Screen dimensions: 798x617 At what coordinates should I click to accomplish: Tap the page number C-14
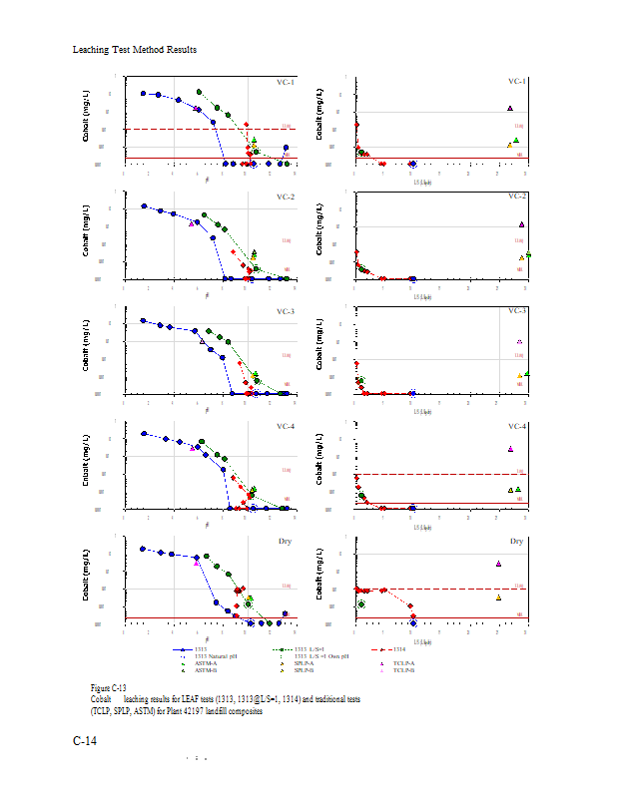click(x=85, y=741)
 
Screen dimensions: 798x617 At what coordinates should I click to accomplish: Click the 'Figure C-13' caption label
click(x=107, y=688)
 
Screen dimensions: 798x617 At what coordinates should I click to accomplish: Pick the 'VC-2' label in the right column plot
click(x=516, y=197)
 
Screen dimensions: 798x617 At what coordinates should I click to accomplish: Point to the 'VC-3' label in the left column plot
click(x=286, y=312)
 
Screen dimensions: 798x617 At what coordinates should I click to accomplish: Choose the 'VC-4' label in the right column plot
click(x=516, y=427)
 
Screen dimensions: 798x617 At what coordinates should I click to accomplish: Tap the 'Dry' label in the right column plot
click(x=517, y=542)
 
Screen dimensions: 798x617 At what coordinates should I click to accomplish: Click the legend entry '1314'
click(x=406, y=649)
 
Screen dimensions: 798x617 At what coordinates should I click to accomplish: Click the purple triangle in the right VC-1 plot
click(x=510, y=108)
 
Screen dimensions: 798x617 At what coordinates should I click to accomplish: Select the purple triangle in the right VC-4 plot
click(x=510, y=449)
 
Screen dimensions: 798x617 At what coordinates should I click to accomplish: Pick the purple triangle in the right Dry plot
click(x=498, y=564)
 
